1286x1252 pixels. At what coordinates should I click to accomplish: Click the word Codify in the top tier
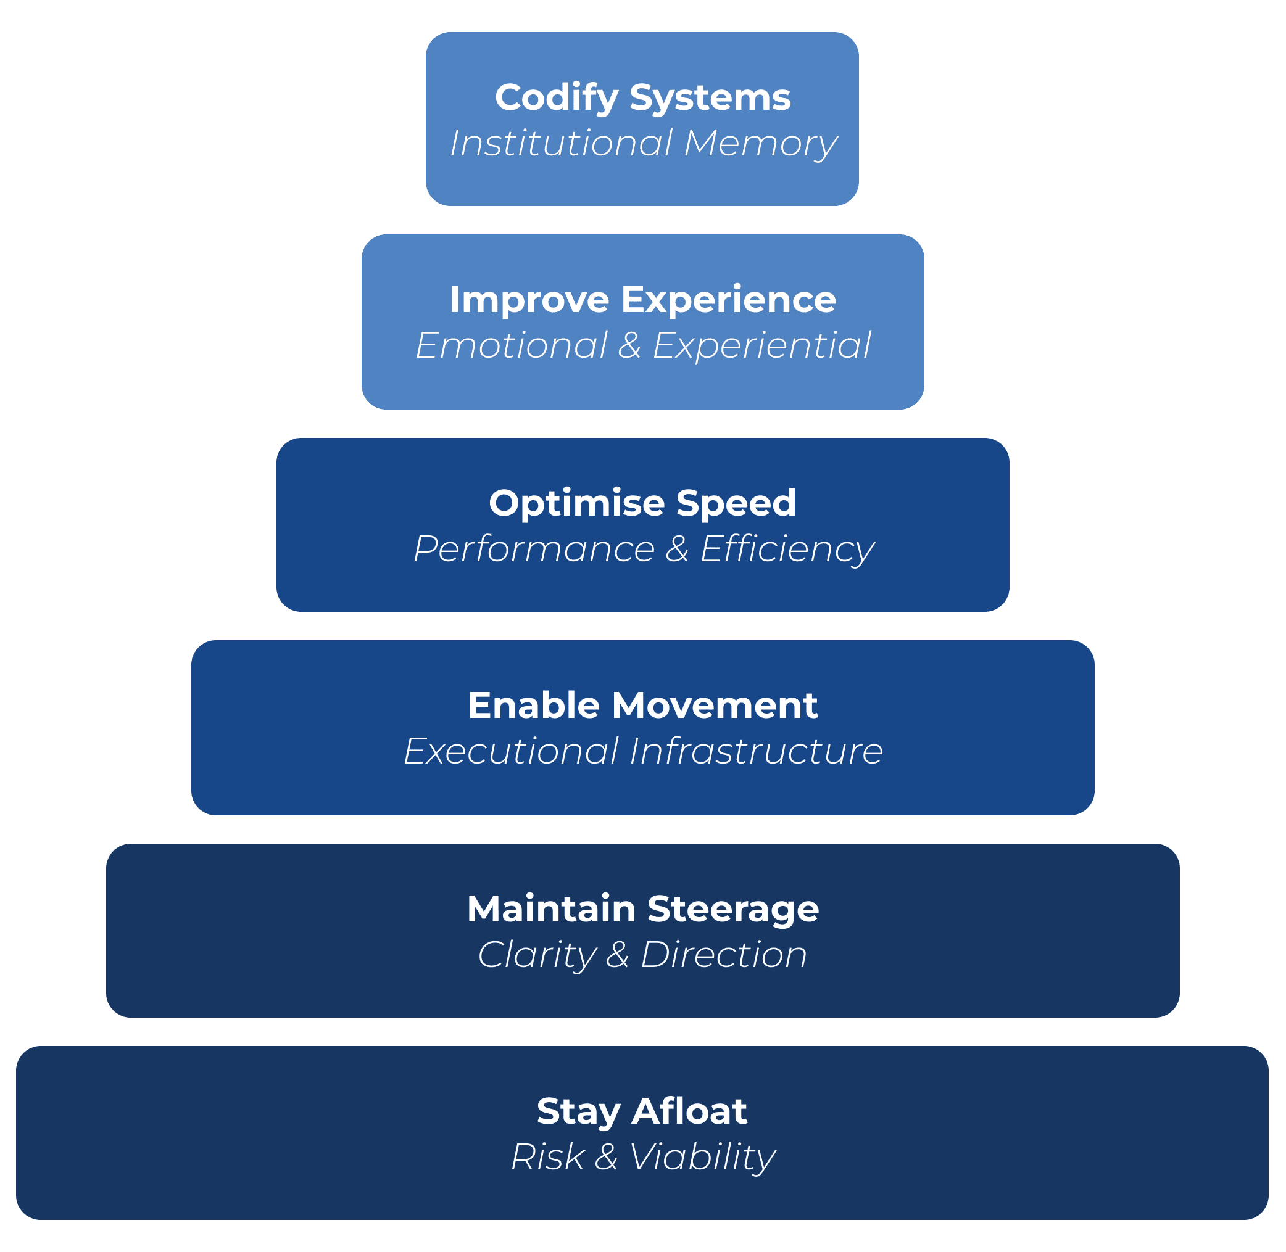pos(557,99)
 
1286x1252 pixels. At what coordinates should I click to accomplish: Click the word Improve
pos(529,300)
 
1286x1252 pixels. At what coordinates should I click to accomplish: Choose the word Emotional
pos(511,346)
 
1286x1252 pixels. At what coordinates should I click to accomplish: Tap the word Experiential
pos(761,346)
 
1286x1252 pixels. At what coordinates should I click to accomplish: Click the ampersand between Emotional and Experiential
pos(629,346)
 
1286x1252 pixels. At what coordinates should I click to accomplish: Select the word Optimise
pos(577,503)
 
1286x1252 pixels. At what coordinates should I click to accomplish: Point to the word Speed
pos(736,503)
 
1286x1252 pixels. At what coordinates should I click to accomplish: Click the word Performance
pos(534,549)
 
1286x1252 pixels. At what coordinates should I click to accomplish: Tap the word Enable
pos(534,706)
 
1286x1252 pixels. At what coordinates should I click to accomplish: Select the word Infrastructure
pos(756,752)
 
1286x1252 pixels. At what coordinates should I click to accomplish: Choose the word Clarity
pos(536,955)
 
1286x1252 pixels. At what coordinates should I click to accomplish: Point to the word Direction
pos(724,955)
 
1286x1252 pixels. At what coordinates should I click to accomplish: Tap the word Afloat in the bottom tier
pos(689,1111)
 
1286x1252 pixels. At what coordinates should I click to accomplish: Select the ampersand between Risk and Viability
pos(606,1157)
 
